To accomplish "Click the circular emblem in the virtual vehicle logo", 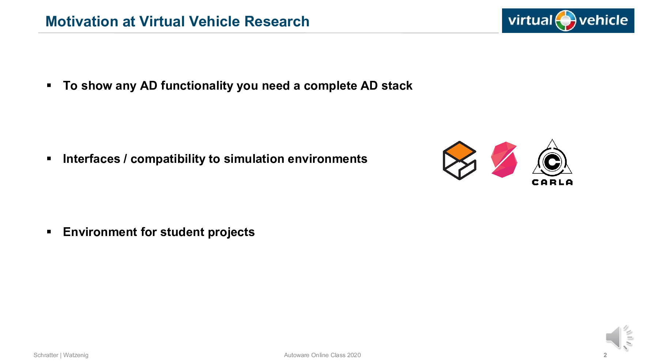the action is pyautogui.click(x=566, y=20).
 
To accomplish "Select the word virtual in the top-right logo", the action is pyautogui.click(x=530, y=20).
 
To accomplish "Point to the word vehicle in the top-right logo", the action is pyautogui.click(x=603, y=20).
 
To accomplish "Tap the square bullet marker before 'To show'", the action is pyautogui.click(x=49, y=86).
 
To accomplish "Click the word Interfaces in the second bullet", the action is pyautogui.click(x=91, y=159).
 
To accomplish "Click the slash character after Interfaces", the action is pyautogui.click(x=125, y=159).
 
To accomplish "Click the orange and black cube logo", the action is pyautogui.click(x=460, y=161).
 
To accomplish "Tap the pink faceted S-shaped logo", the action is pyautogui.click(x=504, y=160).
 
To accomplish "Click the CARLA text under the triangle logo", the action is pyautogui.click(x=552, y=182).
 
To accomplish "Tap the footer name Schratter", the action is pyautogui.click(x=46, y=355).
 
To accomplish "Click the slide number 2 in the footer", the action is pyautogui.click(x=605, y=355).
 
